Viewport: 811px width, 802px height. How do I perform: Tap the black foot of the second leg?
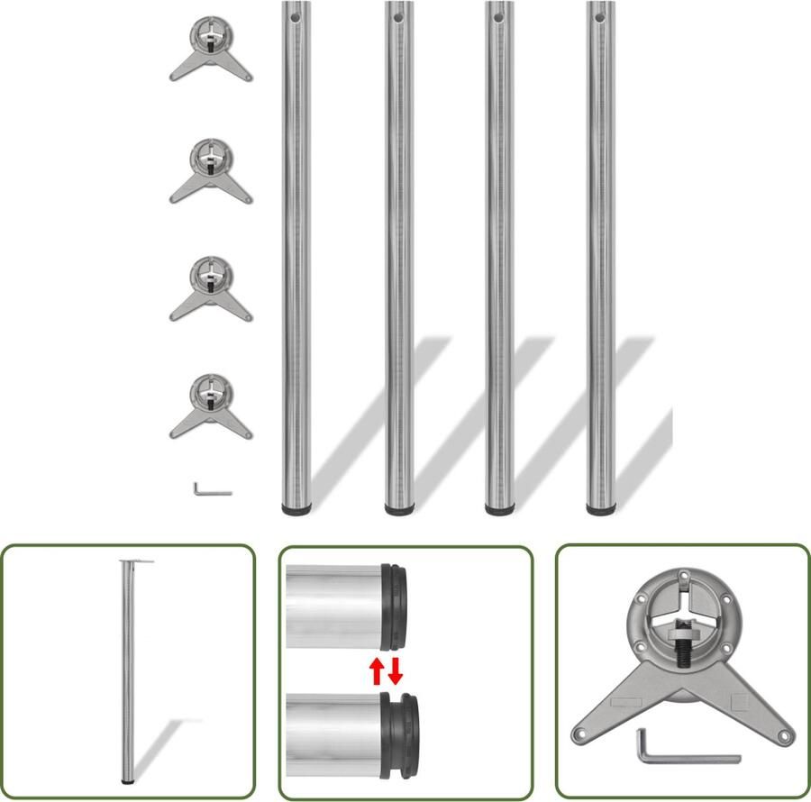click(x=399, y=510)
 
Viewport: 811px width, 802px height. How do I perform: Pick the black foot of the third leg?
click(x=499, y=510)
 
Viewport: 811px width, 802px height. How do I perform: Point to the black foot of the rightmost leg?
click(x=600, y=510)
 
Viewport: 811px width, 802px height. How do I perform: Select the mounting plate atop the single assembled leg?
click(x=135, y=563)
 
